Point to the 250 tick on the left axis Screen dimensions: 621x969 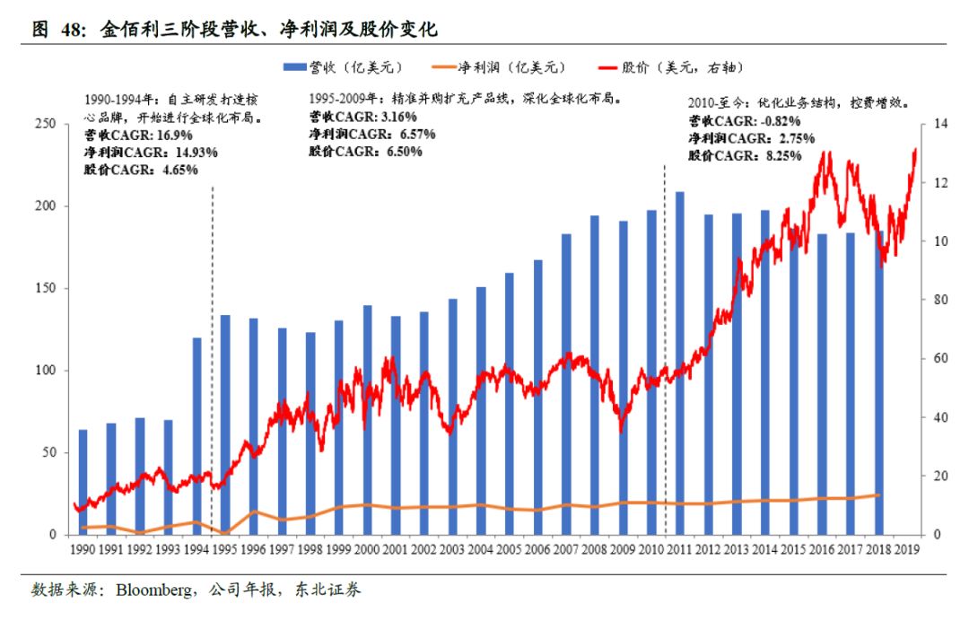(47, 124)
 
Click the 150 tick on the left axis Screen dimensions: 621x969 (47, 288)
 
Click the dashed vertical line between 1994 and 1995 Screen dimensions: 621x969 (212, 359)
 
